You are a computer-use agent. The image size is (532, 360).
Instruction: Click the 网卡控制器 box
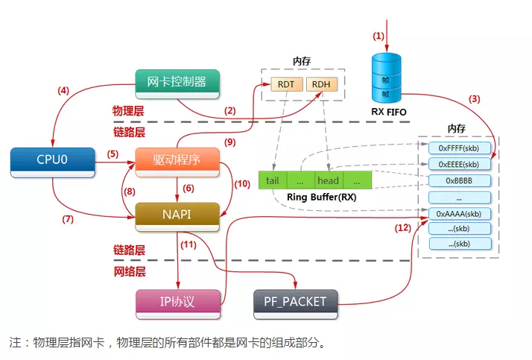[177, 81]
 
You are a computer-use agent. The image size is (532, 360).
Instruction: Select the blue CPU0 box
[53, 160]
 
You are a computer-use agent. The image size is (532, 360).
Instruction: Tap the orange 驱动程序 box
[177, 160]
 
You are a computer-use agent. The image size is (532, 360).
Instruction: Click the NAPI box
[177, 215]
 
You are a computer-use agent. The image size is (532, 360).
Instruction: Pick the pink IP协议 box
[177, 302]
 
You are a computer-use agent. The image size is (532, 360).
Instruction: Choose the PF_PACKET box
[295, 302]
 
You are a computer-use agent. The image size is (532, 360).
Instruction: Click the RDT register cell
[285, 85]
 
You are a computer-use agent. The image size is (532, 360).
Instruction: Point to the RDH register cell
[320, 85]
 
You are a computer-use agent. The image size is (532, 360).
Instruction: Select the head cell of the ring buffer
[328, 180]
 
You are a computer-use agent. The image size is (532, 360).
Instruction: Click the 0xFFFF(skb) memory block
[459, 148]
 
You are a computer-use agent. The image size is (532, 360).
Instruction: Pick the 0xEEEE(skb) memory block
[459, 164]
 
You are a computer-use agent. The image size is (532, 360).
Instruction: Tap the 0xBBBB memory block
[459, 180]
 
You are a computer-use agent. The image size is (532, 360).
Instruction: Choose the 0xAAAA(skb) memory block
[459, 213]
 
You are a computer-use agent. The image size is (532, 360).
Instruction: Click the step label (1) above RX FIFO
[379, 35]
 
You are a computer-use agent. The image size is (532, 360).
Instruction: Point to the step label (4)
[63, 91]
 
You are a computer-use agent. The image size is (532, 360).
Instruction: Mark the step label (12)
[403, 228]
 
